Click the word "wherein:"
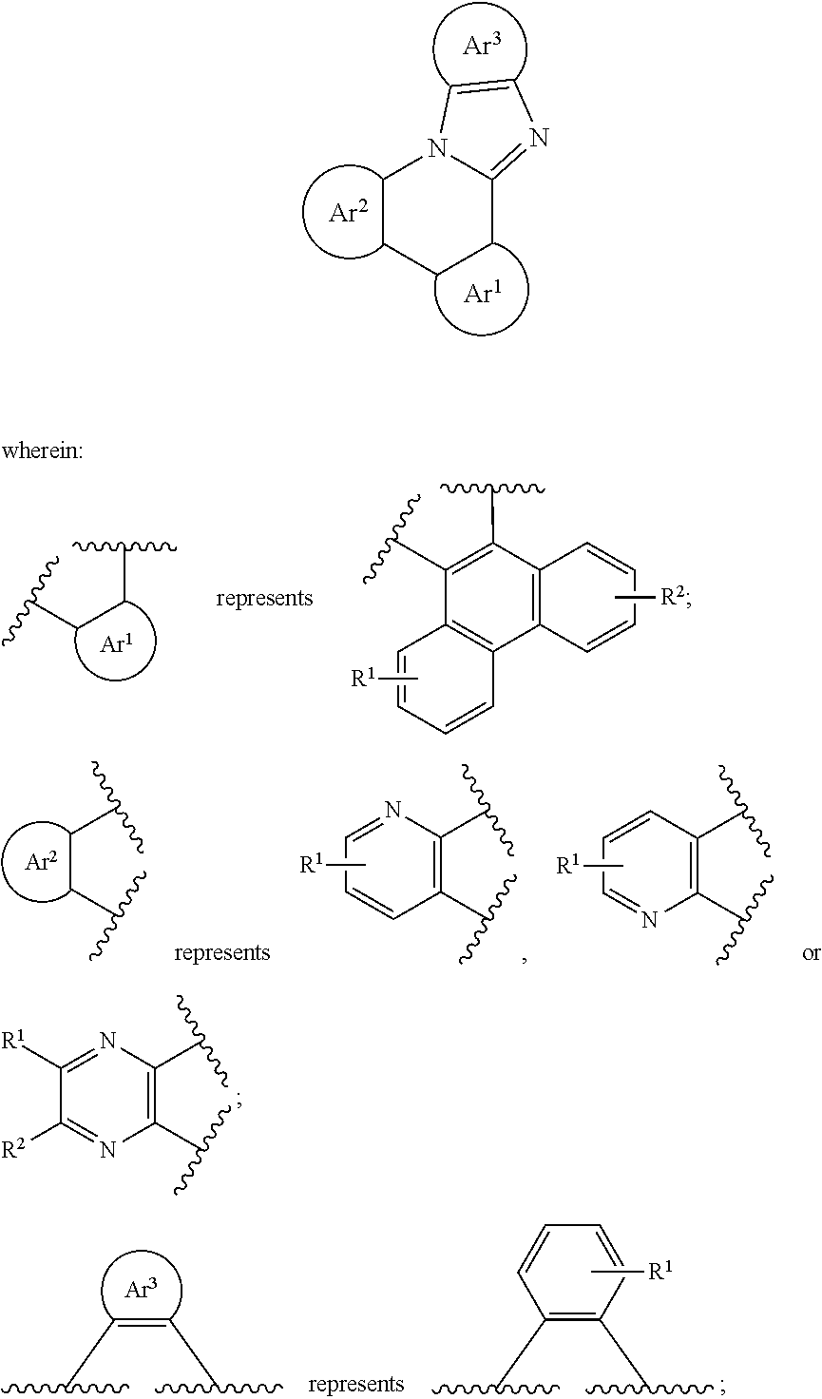point(43,450)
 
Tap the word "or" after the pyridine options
point(811,953)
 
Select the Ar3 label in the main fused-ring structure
point(482,45)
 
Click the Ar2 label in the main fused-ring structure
point(349,212)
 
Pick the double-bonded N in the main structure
point(538,137)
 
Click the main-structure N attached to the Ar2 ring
point(439,148)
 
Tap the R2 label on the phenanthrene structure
point(674,598)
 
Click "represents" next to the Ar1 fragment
point(264,599)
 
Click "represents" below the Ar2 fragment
point(221,953)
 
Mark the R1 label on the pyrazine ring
point(14,1041)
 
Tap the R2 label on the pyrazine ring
point(14,1148)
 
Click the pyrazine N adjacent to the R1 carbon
point(108,1040)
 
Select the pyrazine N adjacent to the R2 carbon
point(108,1149)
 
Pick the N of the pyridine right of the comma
point(650,919)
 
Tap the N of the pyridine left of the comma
point(392,811)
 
